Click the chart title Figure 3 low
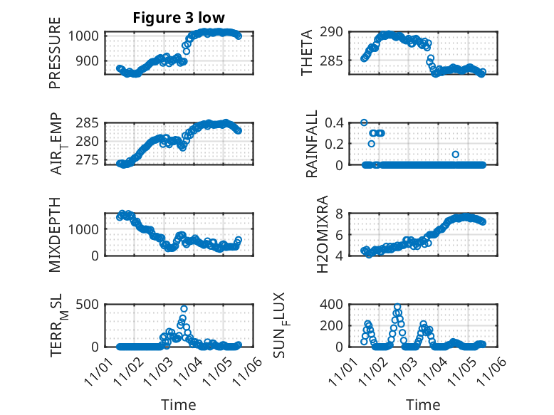(x=179, y=19)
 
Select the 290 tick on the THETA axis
(x=332, y=32)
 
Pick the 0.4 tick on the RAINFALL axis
(x=334, y=122)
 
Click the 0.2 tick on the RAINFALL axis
(x=334, y=144)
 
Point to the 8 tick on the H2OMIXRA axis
(x=340, y=214)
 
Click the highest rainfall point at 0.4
(x=364, y=122)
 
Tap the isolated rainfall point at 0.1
(x=455, y=154)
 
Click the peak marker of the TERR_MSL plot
(x=184, y=309)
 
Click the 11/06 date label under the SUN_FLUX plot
(x=494, y=372)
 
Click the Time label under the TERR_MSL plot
(x=179, y=405)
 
